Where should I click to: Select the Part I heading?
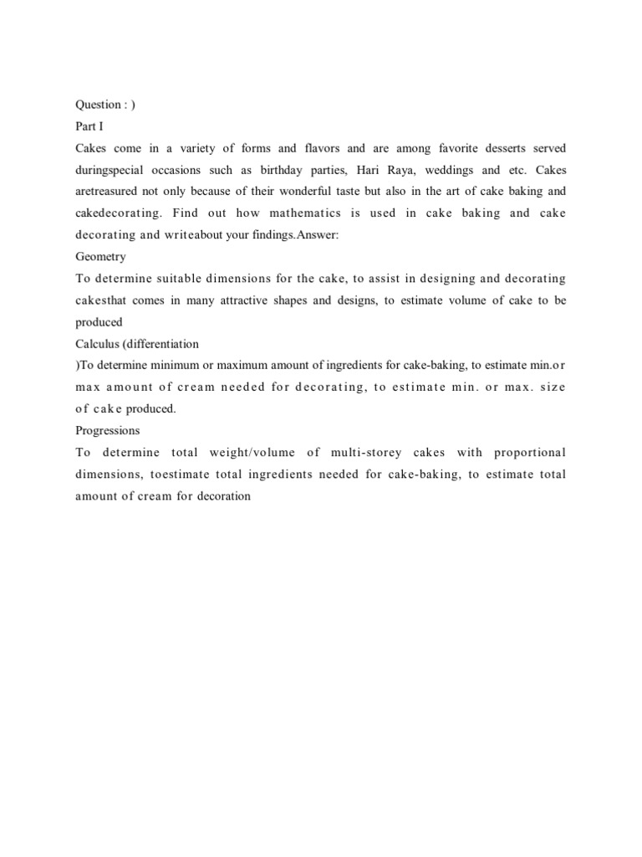(x=88, y=126)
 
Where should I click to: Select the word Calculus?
(x=98, y=344)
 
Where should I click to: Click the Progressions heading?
(x=107, y=431)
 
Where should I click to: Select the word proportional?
(x=530, y=453)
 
